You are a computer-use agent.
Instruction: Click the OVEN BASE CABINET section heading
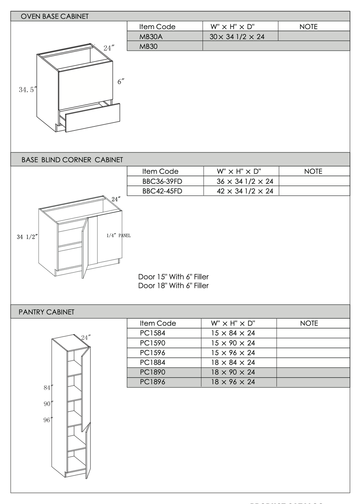[x=55, y=16]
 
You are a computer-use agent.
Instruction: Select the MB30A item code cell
[x=151, y=36]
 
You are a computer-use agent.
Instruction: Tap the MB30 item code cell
[x=148, y=46]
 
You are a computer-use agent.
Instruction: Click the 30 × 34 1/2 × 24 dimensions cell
[x=237, y=36]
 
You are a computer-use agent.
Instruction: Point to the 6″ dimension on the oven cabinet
[x=121, y=82]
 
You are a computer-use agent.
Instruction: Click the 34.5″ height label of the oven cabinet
[x=28, y=89]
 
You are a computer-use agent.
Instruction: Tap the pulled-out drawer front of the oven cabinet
[x=93, y=117]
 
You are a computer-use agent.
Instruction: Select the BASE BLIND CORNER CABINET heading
[x=72, y=160]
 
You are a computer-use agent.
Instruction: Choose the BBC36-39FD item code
[x=162, y=181]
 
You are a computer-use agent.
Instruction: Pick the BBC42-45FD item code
[x=162, y=191]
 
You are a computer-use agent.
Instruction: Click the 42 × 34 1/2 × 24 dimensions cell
[x=245, y=191]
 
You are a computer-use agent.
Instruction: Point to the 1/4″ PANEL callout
[x=118, y=236]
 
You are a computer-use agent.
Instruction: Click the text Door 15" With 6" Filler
[x=173, y=277]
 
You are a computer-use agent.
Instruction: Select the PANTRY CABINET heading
[x=46, y=312]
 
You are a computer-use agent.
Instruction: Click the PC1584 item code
[x=153, y=333]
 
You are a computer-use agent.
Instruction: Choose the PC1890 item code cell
[x=153, y=372]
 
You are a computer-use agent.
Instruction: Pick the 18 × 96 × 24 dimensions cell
[x=233, y=382]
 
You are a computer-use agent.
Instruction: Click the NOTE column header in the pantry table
[x=309, y=323]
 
